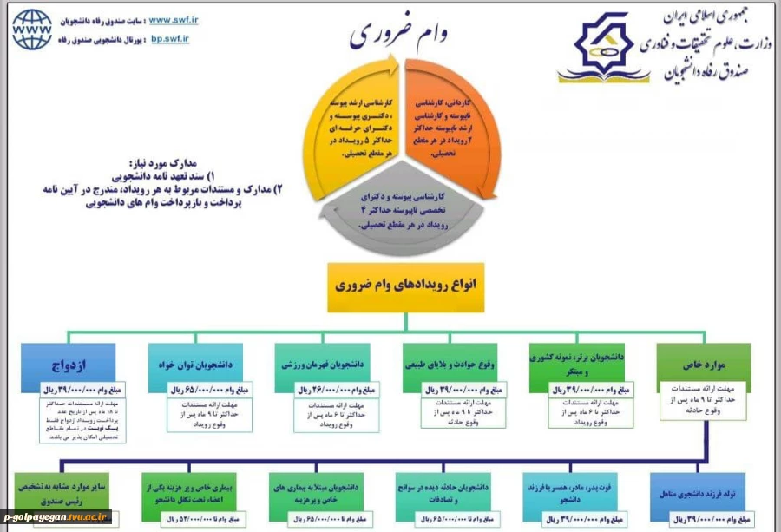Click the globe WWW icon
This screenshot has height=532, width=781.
[32, 30]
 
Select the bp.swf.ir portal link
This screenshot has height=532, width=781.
[170, 39]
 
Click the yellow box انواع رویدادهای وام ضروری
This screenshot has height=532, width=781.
[405, 286]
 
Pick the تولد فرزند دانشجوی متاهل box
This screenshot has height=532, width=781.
[698, 492]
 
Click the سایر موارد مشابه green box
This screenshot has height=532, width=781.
[61, 491]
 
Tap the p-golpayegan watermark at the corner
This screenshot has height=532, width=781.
[56, 517]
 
